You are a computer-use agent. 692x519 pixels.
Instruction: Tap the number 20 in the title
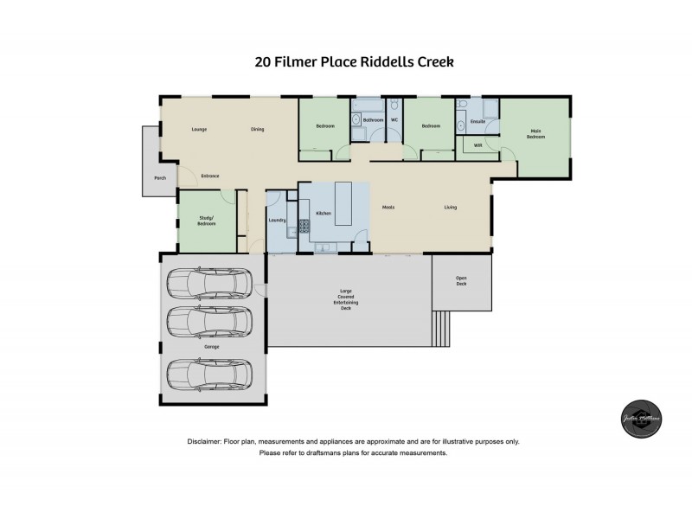point(263,61)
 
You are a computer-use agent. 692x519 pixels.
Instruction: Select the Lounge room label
point(199,130)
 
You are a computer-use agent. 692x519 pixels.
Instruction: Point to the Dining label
point(257,130)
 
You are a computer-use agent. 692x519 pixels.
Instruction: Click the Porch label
point(159,178)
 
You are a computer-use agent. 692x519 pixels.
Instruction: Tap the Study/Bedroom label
point(206,221)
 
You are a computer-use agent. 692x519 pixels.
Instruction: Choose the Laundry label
point(278,221)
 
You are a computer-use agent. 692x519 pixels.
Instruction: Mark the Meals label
point(388,208)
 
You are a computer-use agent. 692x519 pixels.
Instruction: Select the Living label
point(451,208)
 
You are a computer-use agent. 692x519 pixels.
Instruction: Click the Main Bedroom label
point(537,134)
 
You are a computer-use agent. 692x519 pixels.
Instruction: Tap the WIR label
point(477,145)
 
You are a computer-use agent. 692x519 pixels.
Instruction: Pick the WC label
point(394,119)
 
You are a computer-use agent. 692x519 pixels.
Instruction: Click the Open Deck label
point(462,280)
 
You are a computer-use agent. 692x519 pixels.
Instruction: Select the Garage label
point(212,347)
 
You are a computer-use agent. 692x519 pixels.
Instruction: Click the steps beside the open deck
point(441,327)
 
